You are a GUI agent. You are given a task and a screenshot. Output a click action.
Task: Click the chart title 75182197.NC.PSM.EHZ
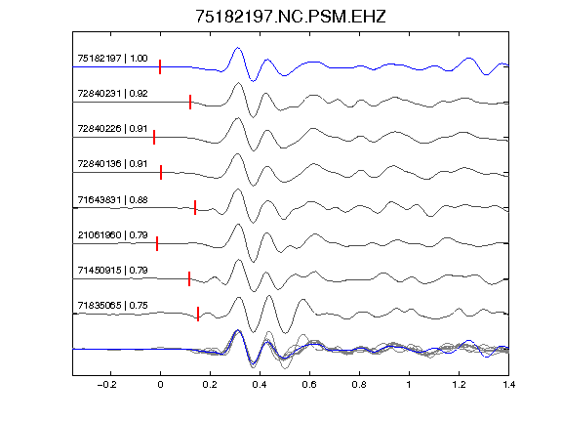tap(291, 17)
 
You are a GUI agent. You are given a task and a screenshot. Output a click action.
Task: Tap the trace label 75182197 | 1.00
tap(112, 59)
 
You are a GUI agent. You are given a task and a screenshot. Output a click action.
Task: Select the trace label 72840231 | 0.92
tap(112, 94)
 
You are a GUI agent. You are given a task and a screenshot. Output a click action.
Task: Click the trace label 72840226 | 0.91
tap(112, 129)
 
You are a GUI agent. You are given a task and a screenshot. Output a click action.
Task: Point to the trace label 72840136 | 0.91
tap(112, 164)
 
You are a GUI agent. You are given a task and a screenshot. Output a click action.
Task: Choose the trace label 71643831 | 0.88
tap(112, 199)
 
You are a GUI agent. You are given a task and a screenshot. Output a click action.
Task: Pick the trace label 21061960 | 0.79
tap(112, 234)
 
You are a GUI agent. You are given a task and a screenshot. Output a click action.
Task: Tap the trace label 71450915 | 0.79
tap(112, 270)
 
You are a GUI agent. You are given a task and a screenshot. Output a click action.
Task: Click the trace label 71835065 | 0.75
tap(112, 305)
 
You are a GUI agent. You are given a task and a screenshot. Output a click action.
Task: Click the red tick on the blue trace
tap(160, 67)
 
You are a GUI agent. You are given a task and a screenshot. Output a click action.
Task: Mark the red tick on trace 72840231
tap(190, 102)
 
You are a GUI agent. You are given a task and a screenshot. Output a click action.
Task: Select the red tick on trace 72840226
tap(154, 137)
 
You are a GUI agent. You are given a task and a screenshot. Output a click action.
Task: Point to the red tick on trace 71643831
tap(195, 208)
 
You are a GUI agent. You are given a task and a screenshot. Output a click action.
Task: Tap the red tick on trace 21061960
tap(157, 243)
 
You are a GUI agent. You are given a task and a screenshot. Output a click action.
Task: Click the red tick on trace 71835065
tap(198, 314)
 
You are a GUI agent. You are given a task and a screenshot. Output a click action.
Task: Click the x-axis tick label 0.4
tap(260, 385)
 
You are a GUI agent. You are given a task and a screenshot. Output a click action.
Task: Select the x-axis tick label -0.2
tap(106, 385)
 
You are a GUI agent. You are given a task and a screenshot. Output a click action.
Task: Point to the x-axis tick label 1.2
tap(459, 385)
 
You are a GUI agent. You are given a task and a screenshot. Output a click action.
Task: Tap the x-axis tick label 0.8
tap(359, 385)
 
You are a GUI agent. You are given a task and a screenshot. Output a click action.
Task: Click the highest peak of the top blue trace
tap(237, 47)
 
